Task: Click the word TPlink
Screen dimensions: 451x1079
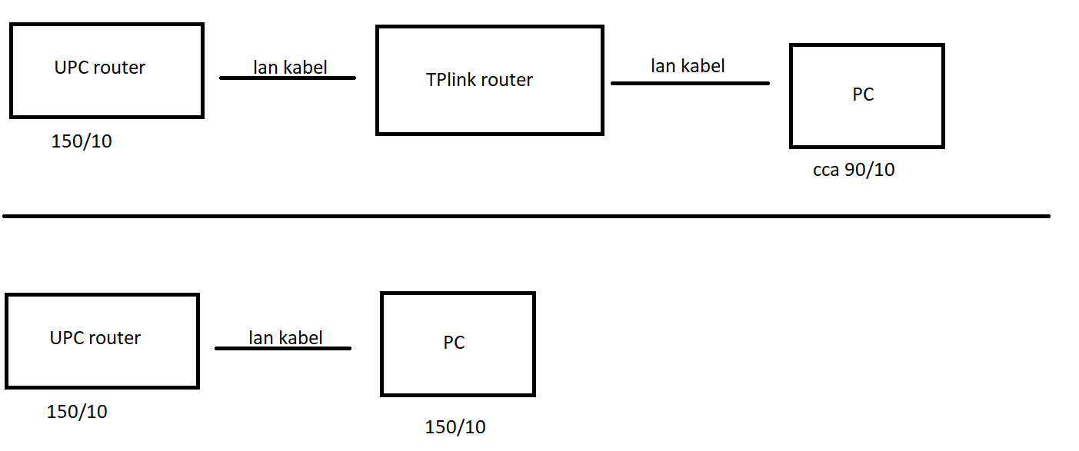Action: point(451,80)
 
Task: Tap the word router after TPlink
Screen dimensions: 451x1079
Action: point(506,80)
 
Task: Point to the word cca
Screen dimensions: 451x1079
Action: point(826,170)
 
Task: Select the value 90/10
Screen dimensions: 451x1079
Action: point(870,170)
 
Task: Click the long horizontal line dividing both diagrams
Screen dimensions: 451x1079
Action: point(526,217)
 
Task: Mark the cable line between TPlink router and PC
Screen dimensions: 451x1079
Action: point(690,83)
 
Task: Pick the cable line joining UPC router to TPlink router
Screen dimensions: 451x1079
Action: point(288,78)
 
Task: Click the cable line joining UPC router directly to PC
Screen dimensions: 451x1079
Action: point(283,349)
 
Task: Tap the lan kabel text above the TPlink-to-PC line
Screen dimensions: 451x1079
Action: point(688,66)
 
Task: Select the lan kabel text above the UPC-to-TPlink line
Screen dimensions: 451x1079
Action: point(290,68)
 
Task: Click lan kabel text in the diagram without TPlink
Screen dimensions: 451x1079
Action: point(285,337)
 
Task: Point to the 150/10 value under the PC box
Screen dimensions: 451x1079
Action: point(455,427)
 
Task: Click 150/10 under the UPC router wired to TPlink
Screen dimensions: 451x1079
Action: point(82,141)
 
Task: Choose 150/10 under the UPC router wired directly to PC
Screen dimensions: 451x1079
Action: point(77,412)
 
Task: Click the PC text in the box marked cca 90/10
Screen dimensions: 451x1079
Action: point(863,95)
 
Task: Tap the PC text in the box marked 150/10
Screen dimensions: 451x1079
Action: point(454,343)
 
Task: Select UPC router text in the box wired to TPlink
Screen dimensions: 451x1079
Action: point(100,68)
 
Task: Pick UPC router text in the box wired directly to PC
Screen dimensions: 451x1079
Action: point(95,338)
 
